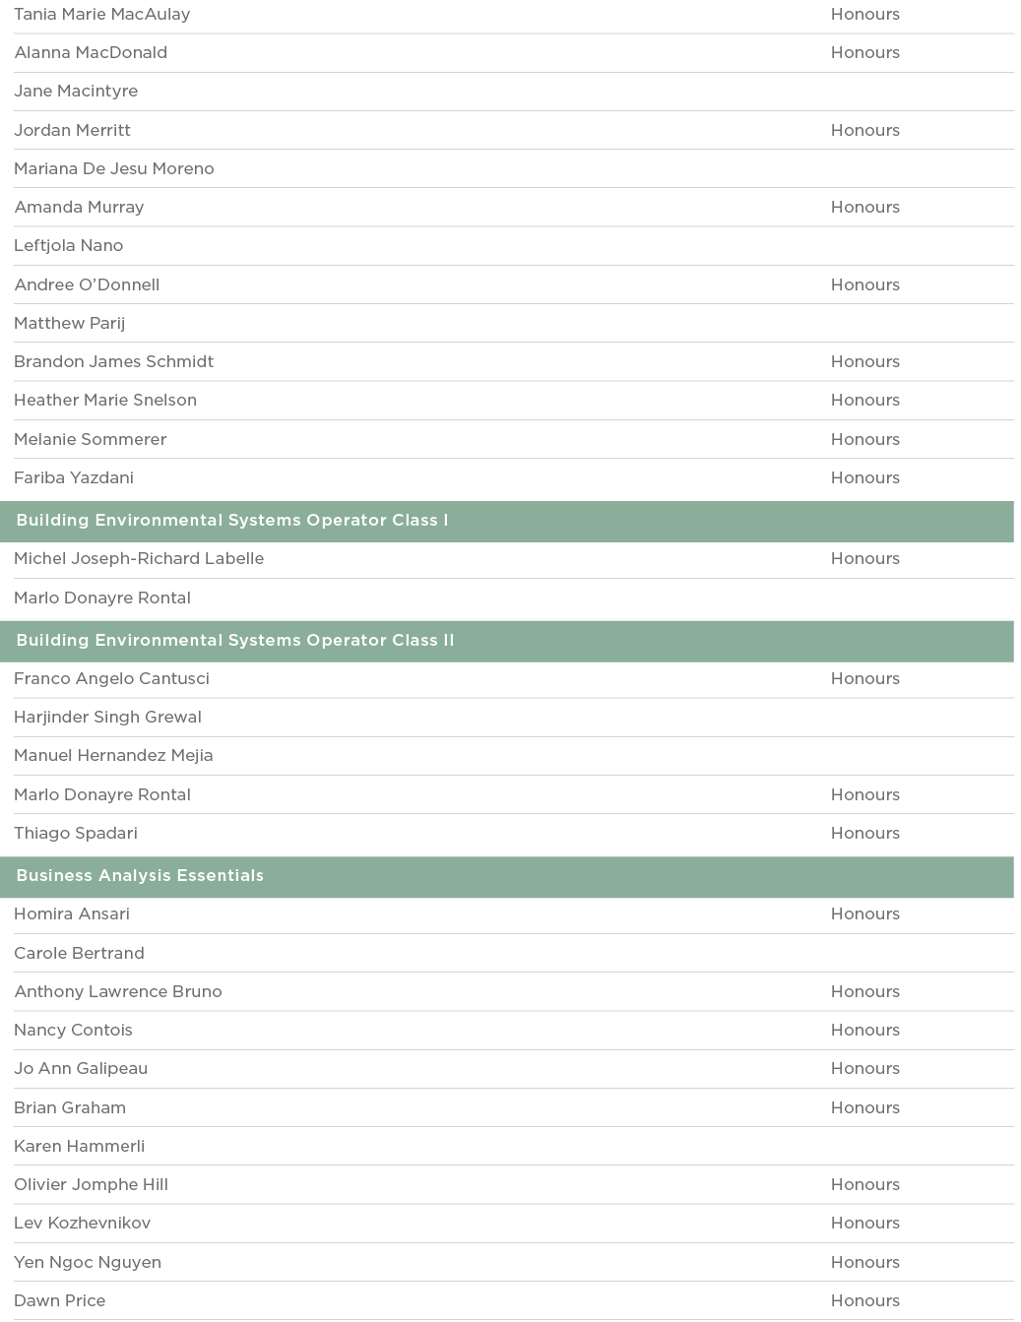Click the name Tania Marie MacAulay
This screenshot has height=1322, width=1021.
[102, 15]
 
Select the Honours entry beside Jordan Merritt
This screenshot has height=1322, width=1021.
[864, 130]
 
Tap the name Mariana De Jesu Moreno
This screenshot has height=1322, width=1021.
[114, 168]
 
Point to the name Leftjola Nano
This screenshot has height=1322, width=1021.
[69, 245]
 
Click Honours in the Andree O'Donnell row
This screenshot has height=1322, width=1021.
[864, 284]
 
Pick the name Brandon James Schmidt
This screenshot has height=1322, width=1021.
[114, 361]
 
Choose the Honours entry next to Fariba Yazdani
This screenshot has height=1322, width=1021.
[864, 477]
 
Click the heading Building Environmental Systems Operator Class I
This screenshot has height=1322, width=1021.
[232, 521]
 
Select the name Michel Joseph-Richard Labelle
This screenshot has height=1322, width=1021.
[139, 558]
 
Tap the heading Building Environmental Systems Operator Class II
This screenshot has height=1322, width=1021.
[235, 641]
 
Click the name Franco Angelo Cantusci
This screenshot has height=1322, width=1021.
[112, 678]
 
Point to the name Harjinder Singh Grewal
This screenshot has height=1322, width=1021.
[108, 717]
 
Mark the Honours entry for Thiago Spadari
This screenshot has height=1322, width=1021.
[864, 833]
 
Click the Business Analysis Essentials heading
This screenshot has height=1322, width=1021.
[140, 876]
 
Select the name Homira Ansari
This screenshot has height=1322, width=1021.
[72, 913]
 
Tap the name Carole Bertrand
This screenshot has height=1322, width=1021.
[80, 953]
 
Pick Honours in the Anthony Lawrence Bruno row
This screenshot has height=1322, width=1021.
[864, 991]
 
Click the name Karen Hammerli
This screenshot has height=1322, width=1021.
[80, 1146]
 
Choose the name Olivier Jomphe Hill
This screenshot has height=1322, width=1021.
[92, 1184]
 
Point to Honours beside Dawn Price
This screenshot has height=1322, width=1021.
[864, 1300]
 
